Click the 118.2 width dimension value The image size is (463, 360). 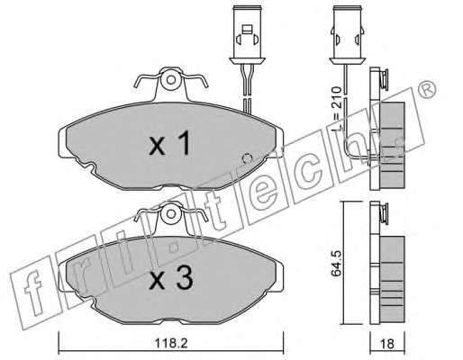click(x=171, y=343)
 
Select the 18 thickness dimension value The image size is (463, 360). click(x=387, y=344)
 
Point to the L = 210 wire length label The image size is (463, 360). click(x=337, y=109)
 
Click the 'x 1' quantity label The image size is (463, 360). click(x=170, y=143)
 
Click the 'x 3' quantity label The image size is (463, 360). click(x=171, y=278)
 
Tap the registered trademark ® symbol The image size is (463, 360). click(x=427, y=90)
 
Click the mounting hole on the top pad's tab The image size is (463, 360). click(x=171, y=80)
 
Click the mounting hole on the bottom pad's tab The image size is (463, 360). click(x=171, y=213)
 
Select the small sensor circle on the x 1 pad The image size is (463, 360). click(x=248, y=157)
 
